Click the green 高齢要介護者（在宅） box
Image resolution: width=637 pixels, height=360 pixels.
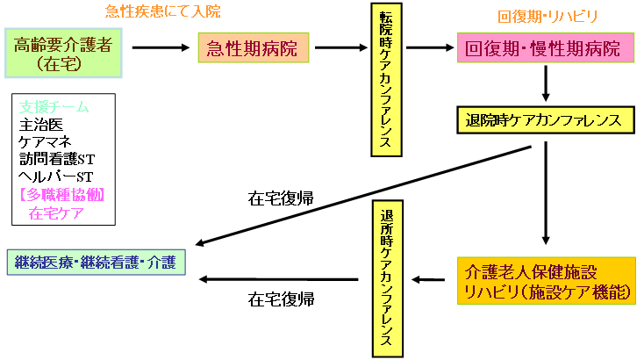62,53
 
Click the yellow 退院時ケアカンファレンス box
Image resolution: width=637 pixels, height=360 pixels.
546,119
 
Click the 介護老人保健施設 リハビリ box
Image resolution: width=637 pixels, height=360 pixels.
546,281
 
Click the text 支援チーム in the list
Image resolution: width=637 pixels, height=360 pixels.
54,106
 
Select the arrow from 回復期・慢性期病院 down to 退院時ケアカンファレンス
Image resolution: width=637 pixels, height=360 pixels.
547,86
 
